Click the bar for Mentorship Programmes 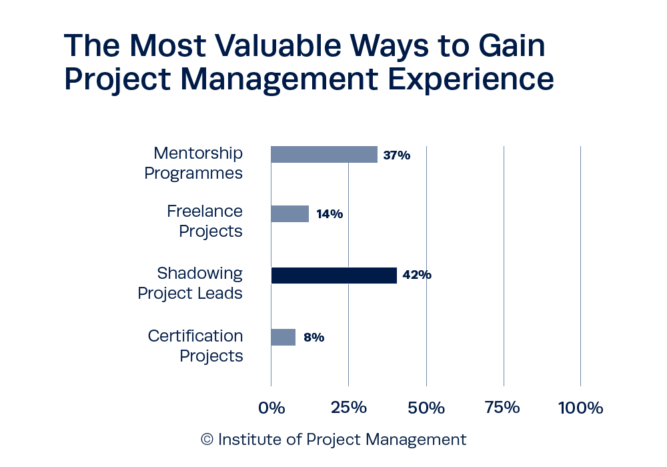click(323, 155)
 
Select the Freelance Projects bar click(289, 213)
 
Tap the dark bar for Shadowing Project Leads click(333, 275)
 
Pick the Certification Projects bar click(283, 337)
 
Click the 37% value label click(396, 155)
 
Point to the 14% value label click(329, 214)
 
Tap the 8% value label click(313, 338)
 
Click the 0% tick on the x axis click(271, 408)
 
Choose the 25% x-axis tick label click(348, 408)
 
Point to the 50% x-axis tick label click(426, 408)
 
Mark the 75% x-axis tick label click(503, 408)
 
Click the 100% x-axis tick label click(580, 408)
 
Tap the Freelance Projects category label click(204, 221)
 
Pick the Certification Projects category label click(195, 346)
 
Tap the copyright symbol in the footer click(207, 440)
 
